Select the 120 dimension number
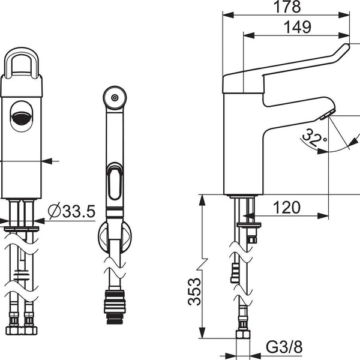tap(286, 208)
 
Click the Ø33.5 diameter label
tap(71, 211)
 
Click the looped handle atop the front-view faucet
tap(22, 63)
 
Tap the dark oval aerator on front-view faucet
tap(22, 117)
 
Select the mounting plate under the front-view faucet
tap(22, 229)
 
